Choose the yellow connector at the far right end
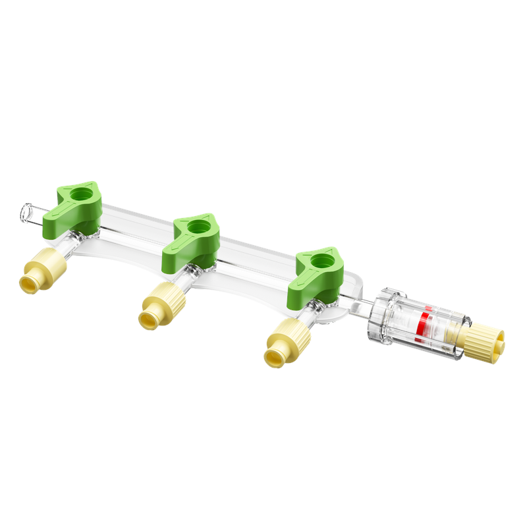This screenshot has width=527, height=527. pos(486,341)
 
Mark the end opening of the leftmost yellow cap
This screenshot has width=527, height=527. pos(28,284)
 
